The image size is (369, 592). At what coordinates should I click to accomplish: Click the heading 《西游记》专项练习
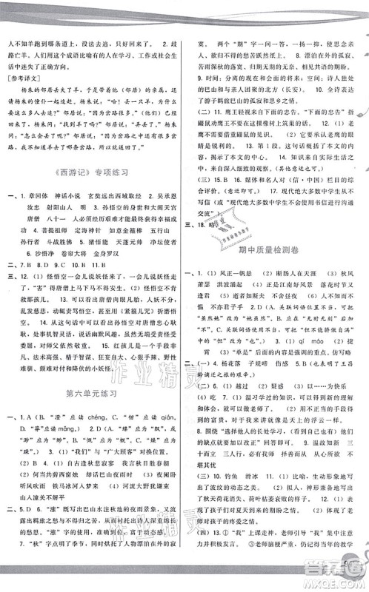click(93, 172)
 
